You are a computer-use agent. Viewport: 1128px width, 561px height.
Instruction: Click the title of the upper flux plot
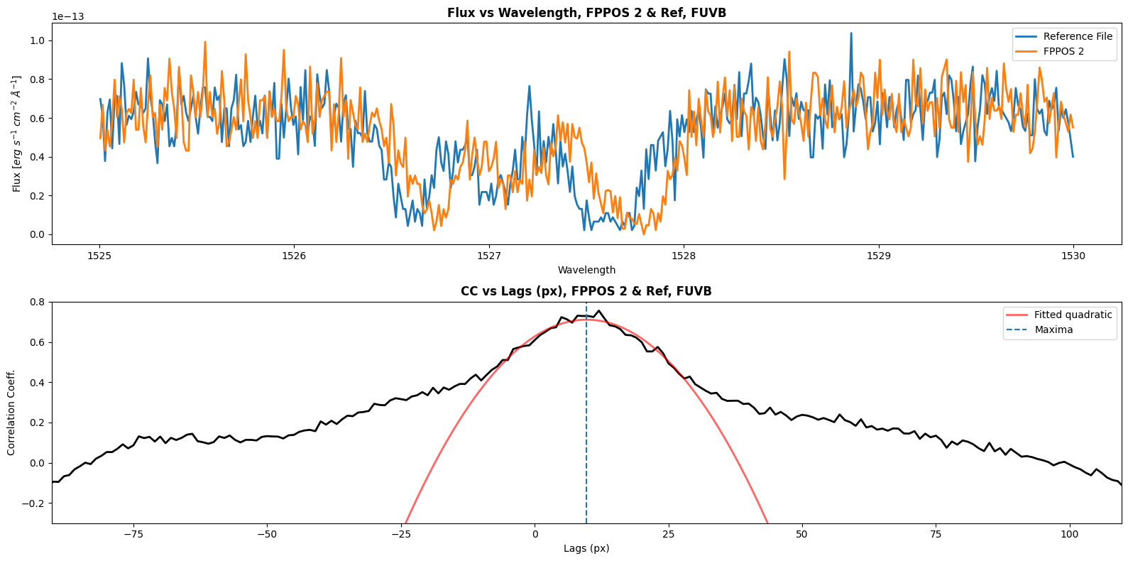click(x=586, y=13)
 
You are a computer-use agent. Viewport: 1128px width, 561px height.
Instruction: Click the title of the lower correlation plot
click(x=586, y=291)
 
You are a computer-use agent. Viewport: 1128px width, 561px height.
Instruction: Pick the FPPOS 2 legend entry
click(x=1063, y=51)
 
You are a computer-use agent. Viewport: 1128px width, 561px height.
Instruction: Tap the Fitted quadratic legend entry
click(x=1073, y=315)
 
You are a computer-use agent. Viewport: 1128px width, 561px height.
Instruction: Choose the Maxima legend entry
click(x=1053, y=329)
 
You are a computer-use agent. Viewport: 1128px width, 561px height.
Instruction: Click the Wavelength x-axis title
click(x=586, y=270)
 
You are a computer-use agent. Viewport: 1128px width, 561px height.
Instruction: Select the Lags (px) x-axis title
click(x=586, y=548)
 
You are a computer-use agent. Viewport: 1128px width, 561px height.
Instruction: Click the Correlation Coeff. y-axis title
click(x=11, y=413)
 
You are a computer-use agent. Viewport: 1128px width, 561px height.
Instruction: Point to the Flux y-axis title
click(x=16, y=134)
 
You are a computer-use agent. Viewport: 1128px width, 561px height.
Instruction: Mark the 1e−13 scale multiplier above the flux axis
click(x=68, y=16)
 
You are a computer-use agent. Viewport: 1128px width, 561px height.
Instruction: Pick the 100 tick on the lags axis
click(x=1069, y=533)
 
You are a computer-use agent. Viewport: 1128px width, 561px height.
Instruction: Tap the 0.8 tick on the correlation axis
click(x=35, y=302)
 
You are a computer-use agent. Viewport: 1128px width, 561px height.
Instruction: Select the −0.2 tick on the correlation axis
click(x=33, y=503)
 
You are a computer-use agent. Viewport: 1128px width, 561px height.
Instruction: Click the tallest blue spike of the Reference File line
click(x=851, y=33)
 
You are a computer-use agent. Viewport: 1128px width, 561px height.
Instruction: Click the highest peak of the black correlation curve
click(x=598, y=310)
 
